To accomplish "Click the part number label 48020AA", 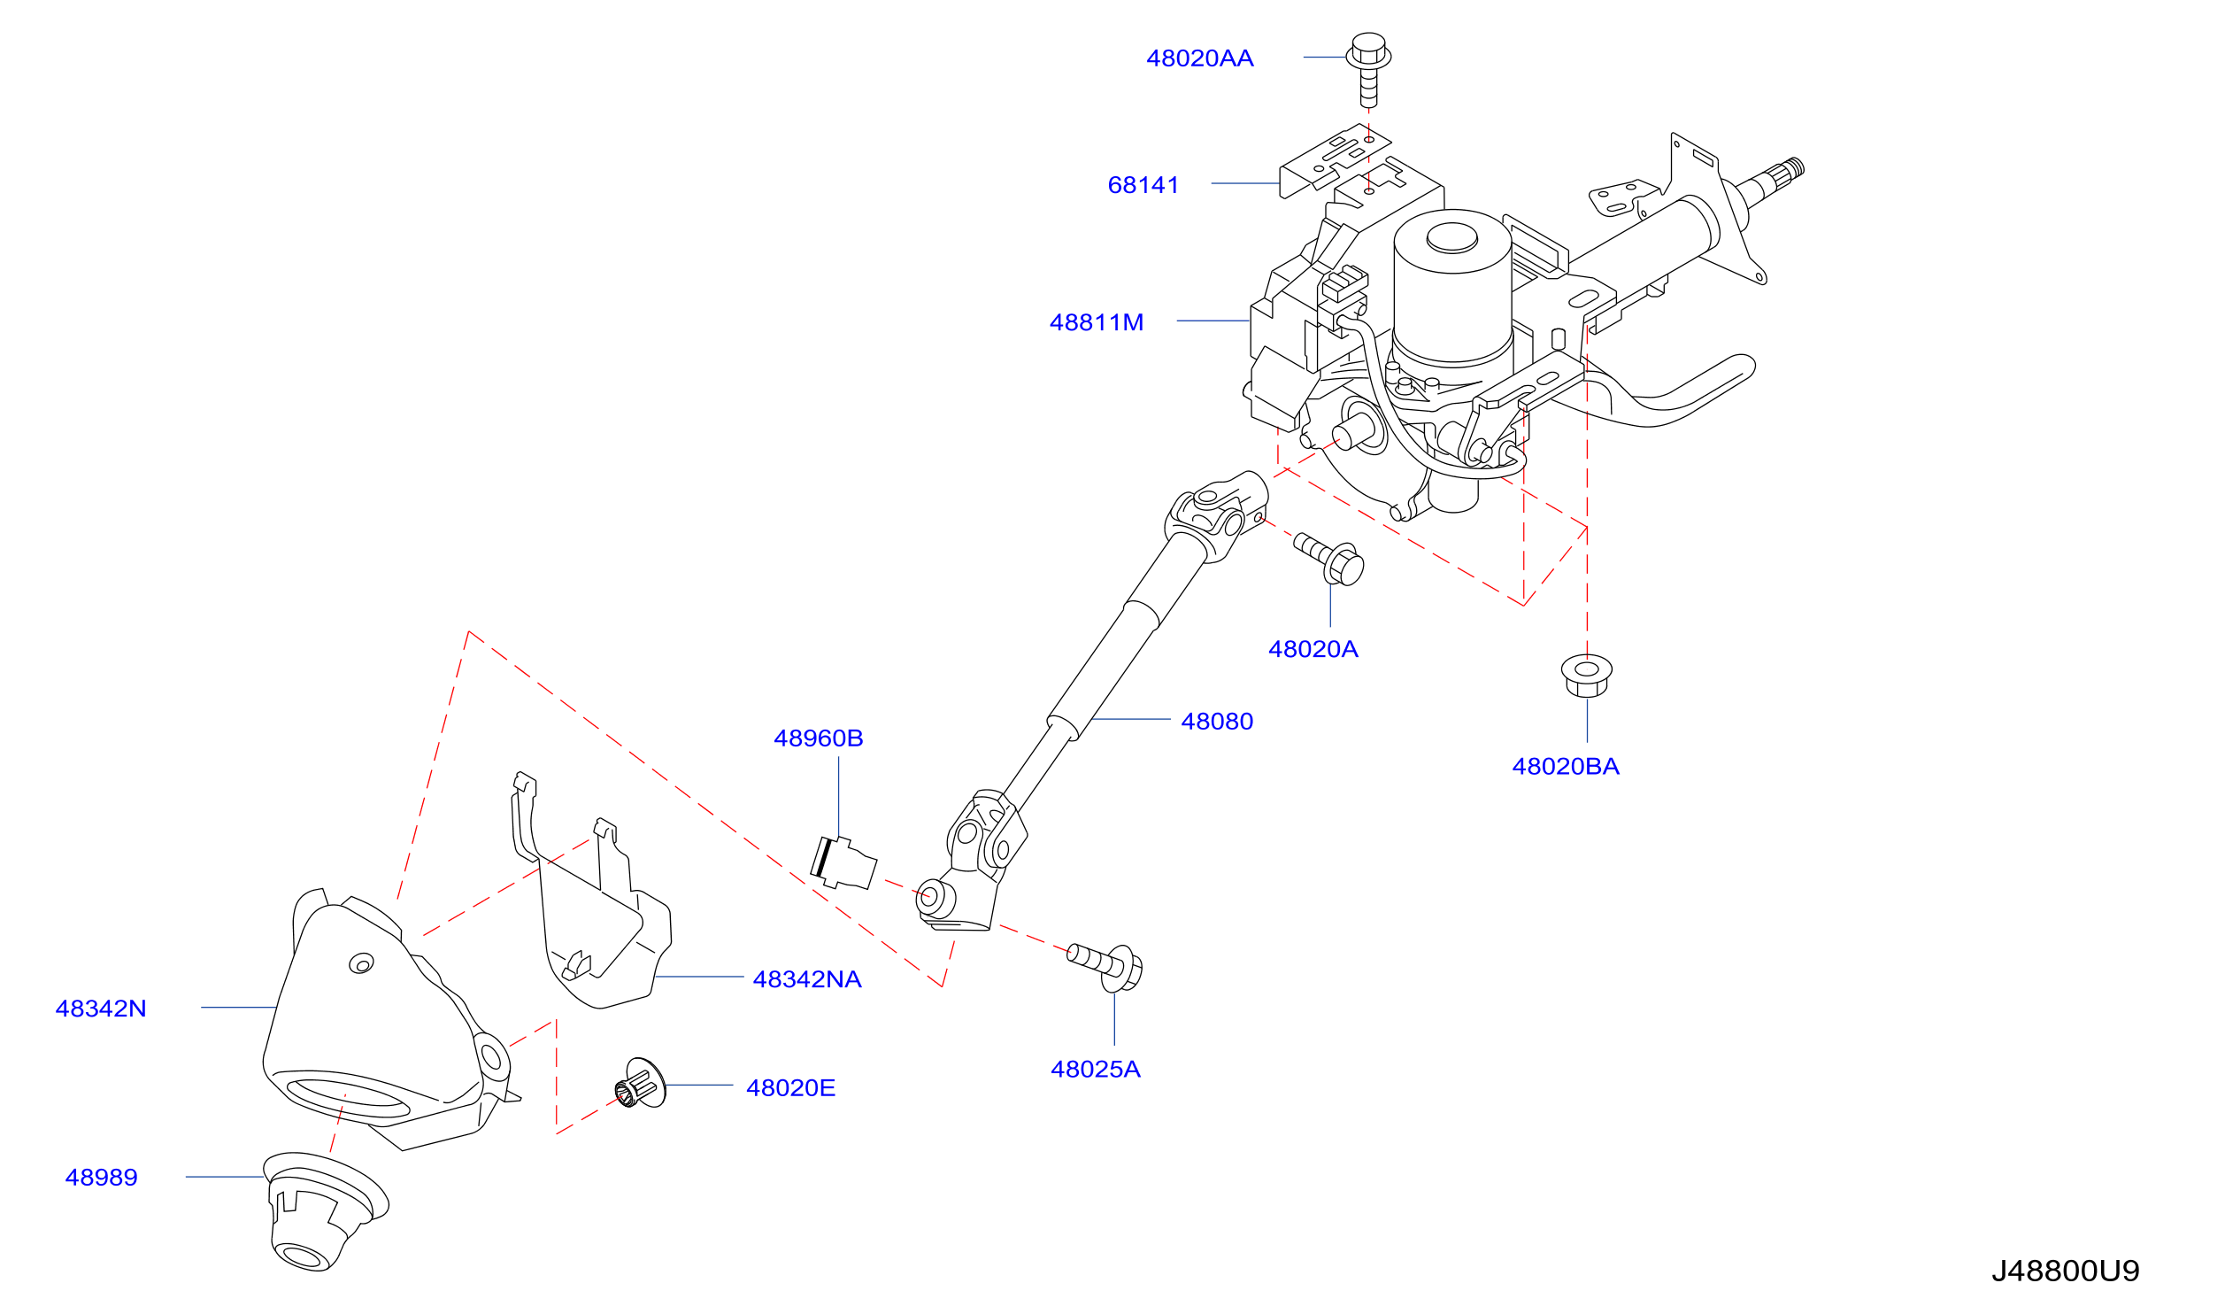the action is pos(1199,58).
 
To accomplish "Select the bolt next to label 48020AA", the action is pos(1368,70).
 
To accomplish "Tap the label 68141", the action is pos(1143,185).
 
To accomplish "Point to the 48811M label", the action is pos(1096,322).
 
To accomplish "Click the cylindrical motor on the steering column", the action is pos(1452,289).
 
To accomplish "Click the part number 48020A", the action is pos(1313,649).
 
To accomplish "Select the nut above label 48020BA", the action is pos(1586,676).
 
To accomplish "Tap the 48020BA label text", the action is pos(1565,767).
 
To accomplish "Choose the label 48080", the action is pos(1217,722).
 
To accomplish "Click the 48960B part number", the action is pos(818,738).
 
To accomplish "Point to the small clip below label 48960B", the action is pos(843,862).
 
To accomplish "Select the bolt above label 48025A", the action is pos(1105,967).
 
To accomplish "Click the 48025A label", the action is pos(1095,1070).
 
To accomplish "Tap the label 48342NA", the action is pos(806,979).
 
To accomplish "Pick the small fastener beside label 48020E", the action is pos(640,1082).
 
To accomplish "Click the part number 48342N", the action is pos(100,1009).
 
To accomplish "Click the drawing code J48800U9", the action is pos(2065,1271).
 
